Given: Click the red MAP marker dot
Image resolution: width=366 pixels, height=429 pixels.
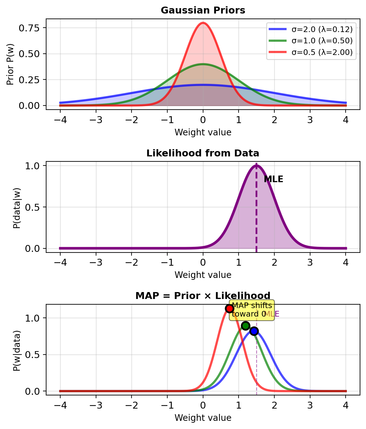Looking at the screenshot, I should tap(230, 308).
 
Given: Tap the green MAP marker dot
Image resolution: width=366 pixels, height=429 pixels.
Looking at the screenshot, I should tap(246, 326).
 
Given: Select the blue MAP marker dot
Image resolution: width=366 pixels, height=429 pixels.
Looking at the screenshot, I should tap(254, 331).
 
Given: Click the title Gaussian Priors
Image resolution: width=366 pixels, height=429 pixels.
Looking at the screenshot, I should tap(203, 10).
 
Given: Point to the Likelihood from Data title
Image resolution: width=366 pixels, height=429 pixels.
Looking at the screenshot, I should tap(203, 153).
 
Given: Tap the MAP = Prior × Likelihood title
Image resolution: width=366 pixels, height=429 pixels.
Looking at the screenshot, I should tap(203, 296).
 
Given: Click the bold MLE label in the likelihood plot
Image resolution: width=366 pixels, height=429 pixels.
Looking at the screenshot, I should tap(273, 179).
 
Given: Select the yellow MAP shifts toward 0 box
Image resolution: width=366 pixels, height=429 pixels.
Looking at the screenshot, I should tap(252, 310).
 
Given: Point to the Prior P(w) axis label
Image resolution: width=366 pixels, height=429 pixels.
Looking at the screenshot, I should tap(10, 64).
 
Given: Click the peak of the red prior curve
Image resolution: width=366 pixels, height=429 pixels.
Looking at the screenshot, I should tap(203, 23).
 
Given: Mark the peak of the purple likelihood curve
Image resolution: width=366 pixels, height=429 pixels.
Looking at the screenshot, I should tap(256, 165).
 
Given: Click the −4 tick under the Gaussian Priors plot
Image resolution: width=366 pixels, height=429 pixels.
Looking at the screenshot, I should tap(60, 121).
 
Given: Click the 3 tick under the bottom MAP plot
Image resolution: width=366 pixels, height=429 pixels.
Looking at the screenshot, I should tap(310, 406).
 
